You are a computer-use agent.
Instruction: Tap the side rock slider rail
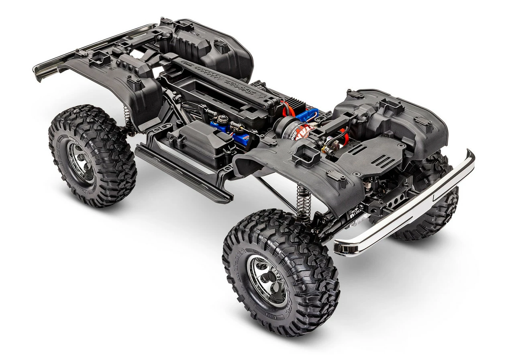(183, 173)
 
